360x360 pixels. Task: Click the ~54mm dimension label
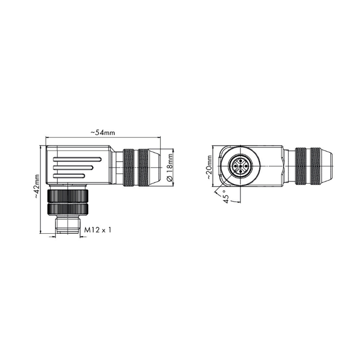point(103,132)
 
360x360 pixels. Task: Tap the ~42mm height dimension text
point(37,186)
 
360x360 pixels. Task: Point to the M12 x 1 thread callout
point(98,230)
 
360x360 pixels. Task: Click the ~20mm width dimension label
point(209,167)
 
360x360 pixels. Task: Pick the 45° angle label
point(226,196)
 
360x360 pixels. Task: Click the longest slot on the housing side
point(77,159)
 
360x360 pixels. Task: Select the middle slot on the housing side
point(73,168)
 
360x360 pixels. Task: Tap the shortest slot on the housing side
point(69,176)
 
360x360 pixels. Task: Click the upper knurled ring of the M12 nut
point(68,195)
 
